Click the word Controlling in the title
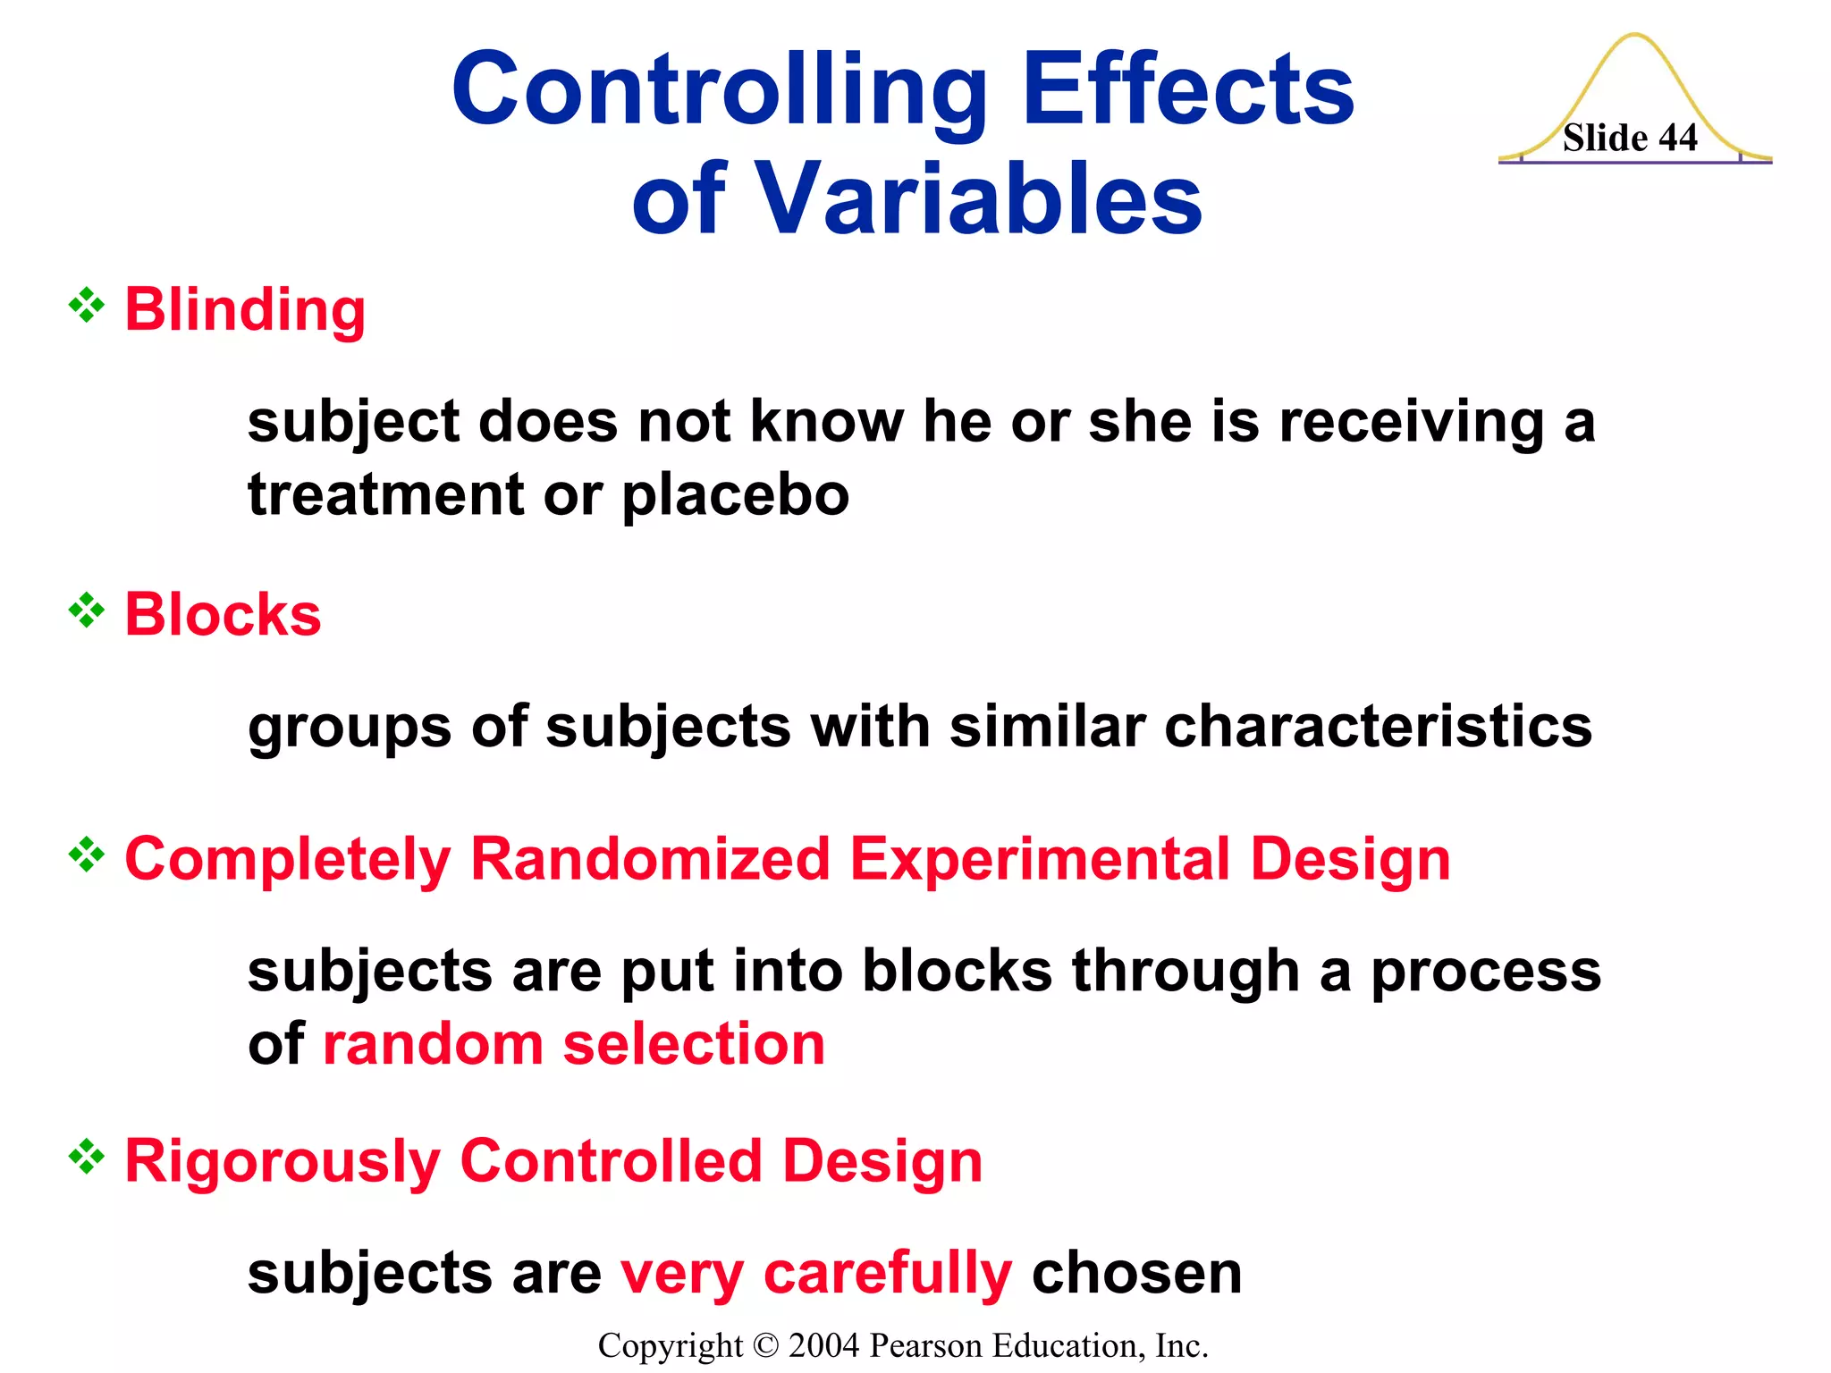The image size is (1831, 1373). (x=720, y=89)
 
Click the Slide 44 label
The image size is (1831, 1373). (x=1629, y=139)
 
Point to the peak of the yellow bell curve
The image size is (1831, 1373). (x=1634, y=36)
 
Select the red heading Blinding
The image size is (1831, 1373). (x=245, y=310)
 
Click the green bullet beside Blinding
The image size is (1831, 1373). (x=87, y=306)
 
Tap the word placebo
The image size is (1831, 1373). (x=735, y=494)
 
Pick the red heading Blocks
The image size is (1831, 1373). (x=223, y=615)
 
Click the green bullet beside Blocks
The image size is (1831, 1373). (x=87, y=611)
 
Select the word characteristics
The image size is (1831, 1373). (x=1378, y=726)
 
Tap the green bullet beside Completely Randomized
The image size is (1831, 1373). (x=87, y=855)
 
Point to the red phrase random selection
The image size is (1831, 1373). (x=573, y=1044)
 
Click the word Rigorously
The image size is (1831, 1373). (x=282, y=1162)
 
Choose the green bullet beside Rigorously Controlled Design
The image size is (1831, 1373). (x=87, y=1157)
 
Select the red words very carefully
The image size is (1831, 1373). (x=816, y=1273)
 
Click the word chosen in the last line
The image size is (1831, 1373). (x=1136, y=1273)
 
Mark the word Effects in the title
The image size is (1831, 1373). (x=1188, y=89)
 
